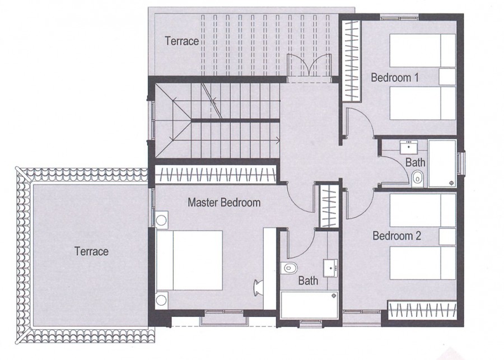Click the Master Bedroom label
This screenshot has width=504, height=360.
[223, 202]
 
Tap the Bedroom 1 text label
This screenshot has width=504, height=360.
[395, 77]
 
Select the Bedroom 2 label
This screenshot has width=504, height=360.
[396, 236]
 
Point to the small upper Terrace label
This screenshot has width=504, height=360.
[182, 41]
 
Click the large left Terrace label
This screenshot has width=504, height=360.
[91, 251]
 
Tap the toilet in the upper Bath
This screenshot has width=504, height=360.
[417, 180]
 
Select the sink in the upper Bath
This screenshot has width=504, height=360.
[408, 147]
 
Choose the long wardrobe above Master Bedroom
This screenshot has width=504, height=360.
[216, 175]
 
